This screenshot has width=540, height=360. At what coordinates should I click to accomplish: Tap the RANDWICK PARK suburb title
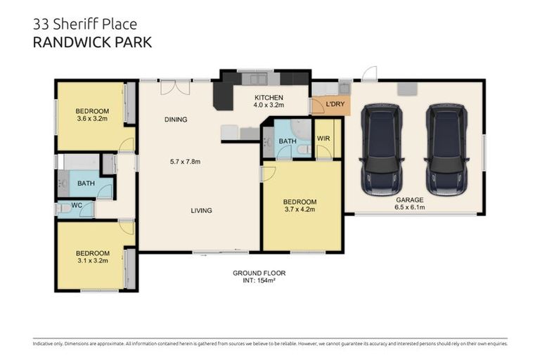point(92,42)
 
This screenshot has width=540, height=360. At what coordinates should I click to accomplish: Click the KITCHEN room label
point(269,98)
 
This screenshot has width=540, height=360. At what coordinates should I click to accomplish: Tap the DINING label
point(176,120)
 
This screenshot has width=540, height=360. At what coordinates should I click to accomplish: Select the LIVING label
point(200,210)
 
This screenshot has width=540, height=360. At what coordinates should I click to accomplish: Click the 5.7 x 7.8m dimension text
point(185,162)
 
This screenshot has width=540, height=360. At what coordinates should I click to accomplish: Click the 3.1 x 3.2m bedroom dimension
point(92,262)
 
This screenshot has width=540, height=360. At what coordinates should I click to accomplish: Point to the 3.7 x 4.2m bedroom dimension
point(300,210)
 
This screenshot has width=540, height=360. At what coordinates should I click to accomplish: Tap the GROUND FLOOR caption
point(259,273)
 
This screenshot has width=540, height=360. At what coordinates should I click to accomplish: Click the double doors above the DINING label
point(174,87)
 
